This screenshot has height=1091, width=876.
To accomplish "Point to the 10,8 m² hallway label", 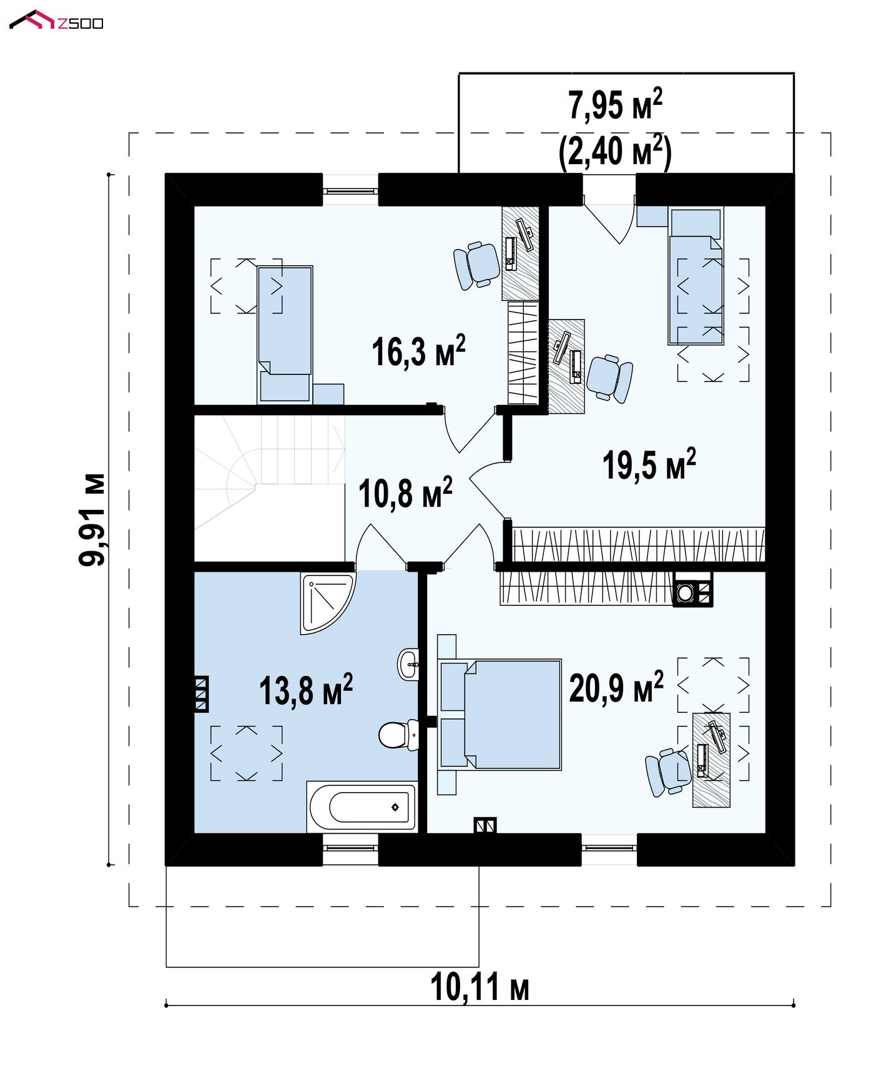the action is click(x=405, y=493).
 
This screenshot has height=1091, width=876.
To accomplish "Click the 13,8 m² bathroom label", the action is click(x=306, y=690).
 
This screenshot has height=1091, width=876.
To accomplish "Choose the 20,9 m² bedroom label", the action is click(x=616, y=688).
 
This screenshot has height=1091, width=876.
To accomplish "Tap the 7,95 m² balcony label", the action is click(x=616, y=104).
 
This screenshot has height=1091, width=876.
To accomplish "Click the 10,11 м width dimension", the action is click(x=480, y=987).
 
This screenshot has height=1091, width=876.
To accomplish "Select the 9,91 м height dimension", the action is click(x=92, y=519).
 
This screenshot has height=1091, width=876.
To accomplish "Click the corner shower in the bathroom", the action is click(x=326, y=602).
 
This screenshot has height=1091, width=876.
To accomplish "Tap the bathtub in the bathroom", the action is click(x=362, y=806).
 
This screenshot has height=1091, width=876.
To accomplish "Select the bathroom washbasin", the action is click(x=408, y=663).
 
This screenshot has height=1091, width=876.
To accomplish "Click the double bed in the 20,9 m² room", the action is click(x=500, y=714).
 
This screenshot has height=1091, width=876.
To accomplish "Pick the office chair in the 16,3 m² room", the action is click(x=476, y=265).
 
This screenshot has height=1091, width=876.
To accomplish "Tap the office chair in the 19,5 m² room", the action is click(x=610, y=378).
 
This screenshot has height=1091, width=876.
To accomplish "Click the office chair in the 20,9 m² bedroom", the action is click(x=668, y=772).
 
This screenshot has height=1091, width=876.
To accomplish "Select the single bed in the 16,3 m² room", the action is click(x=285, y=334).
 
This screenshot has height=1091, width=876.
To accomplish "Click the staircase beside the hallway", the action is click(x=270, y=487).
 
